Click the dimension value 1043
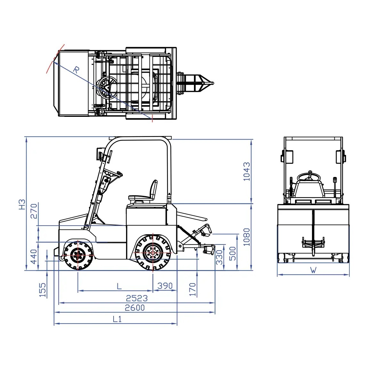[247, 171]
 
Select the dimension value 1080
[247, 237]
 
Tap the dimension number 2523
[137, 298]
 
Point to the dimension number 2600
[135, 308]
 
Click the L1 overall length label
[117, 319]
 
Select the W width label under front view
[313, 270]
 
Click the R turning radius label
[76, 69]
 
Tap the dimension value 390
[165, 286]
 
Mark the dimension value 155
[43, 290]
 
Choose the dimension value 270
[34, 211]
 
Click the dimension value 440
[34, 257]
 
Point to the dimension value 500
[233, 253]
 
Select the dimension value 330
[220, 257]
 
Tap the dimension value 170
[192, 289]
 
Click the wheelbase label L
[119, 286]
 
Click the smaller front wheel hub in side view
[78, 255]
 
